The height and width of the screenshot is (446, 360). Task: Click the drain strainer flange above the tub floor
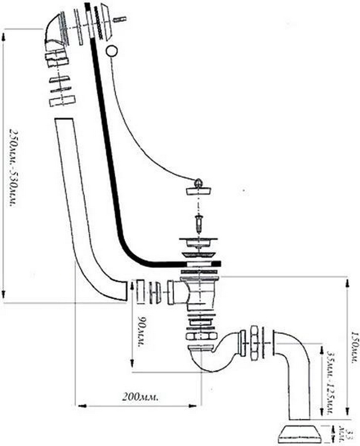198,242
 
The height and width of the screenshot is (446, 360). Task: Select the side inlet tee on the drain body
179,292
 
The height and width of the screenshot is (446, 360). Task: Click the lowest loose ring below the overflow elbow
61,100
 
